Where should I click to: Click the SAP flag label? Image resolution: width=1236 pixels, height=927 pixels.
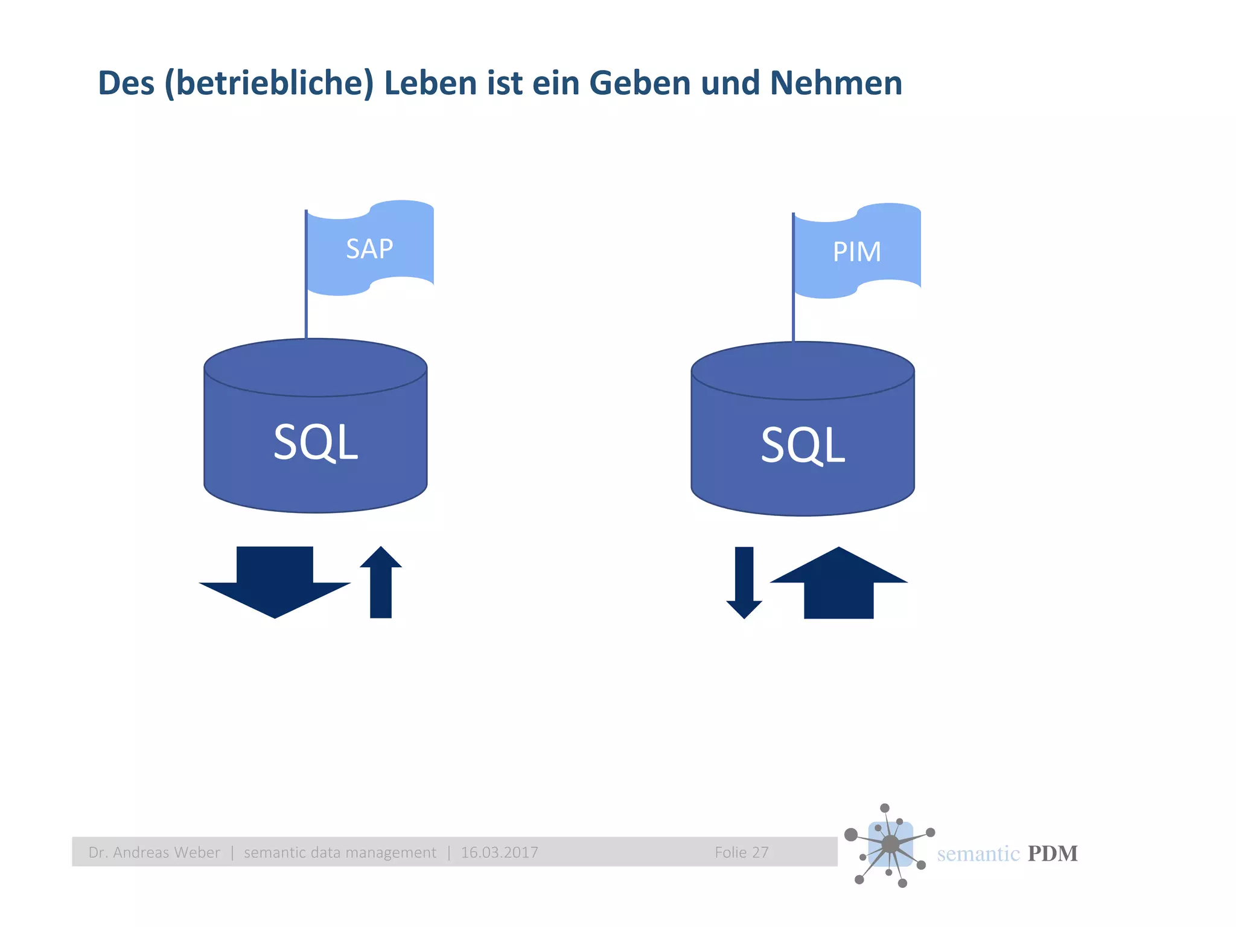click(x=369, y=249)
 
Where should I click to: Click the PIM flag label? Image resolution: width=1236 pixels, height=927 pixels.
click(x=856, y=252)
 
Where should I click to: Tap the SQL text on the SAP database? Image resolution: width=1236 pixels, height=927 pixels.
click(x=316, y=442)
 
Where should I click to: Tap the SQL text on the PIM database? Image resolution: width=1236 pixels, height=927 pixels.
click(x=803, y=445)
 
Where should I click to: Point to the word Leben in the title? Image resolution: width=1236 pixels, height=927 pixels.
click(x=430, y=83)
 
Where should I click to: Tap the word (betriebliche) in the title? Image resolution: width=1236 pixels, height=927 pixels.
click(x=269, y=83)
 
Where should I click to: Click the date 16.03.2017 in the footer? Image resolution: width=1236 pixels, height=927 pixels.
click(x=499, y=852)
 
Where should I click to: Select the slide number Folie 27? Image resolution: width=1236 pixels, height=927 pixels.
click(x=742, y=852)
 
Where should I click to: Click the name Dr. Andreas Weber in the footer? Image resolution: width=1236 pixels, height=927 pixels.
click(x=154, y=852)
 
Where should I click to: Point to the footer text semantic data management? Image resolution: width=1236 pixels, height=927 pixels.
click(x=340, y=852)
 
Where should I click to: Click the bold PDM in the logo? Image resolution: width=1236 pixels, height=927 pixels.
click(x=1053, y=853)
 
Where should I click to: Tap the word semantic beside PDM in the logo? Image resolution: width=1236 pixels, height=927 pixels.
click(x=978, y=853)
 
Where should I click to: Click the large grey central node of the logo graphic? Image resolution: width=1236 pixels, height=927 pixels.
click(x=890, y=844)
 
